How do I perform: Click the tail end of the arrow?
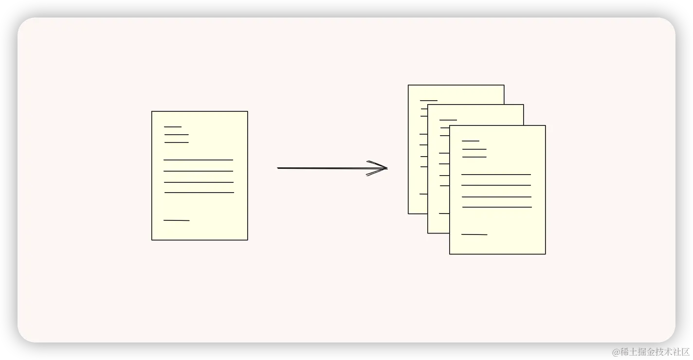[x=278, y=168]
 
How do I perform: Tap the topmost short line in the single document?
[x=173, y=127]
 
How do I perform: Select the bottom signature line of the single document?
[x=176, y=220]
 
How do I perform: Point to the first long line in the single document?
[x=198, y=160]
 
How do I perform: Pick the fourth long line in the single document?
[x=199, y=193]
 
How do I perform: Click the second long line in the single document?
[x=198, y=171]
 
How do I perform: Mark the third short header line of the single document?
[x=176, y=143]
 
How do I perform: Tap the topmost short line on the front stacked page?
[x=471, y=141]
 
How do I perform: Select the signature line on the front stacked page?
[x=474, y=234]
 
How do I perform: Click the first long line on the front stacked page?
[x=496, y=174]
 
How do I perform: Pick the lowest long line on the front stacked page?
[x=497, y=207]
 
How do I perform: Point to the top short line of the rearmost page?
[x=429, y=101]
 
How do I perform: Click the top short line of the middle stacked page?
[x=448, y=120]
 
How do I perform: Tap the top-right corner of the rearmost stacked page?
[x=504, y=86]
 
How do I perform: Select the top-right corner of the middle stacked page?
[x=523, y=105]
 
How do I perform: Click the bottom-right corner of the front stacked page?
[x=545, y=253]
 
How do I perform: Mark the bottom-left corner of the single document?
[x=152, y=239]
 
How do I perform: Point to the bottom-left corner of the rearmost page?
[x=409, y=213]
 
